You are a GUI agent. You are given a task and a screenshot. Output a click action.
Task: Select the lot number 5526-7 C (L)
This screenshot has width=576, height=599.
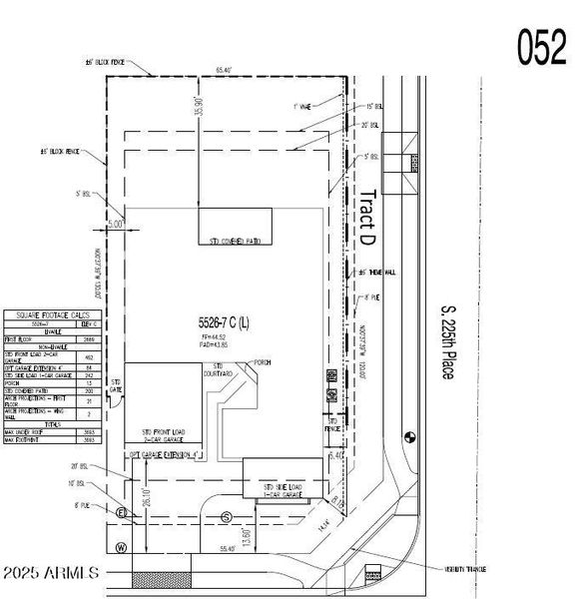click(224, 323)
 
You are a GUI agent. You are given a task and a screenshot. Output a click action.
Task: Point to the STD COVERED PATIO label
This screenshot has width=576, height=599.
click(235, 242)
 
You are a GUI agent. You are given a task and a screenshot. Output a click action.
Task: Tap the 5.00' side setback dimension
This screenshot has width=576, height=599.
click(116, 226)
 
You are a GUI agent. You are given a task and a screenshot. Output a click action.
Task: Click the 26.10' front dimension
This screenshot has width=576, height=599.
click(146, 496)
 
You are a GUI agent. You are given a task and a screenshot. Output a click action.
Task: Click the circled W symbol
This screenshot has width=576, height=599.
click(121, 546)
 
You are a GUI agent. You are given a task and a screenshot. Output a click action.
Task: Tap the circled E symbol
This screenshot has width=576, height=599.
click(122, 513)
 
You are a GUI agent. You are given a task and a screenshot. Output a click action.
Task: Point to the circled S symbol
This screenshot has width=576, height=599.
click(227, 516)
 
